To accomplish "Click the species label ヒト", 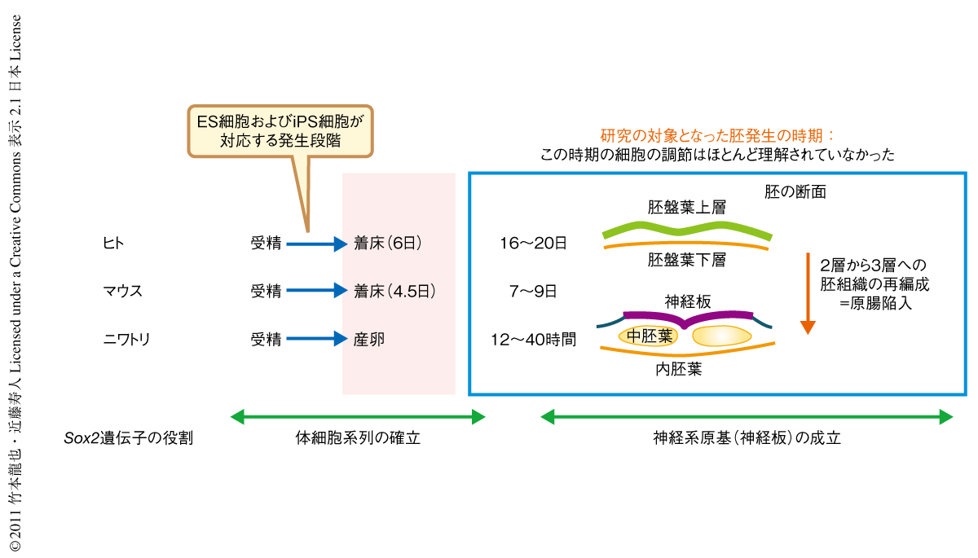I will tap(113, 242).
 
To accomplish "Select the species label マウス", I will tap(123, 291).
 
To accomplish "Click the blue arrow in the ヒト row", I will tap(317, 243).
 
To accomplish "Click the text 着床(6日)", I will tap(389, 243).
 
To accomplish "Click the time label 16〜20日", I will tap(534, 243).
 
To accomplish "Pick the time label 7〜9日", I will tap(534, 291).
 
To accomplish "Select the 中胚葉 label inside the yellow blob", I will tap(650, 336).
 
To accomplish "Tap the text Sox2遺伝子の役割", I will tap(129, 438).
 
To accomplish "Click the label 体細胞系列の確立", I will tap(358, 438).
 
